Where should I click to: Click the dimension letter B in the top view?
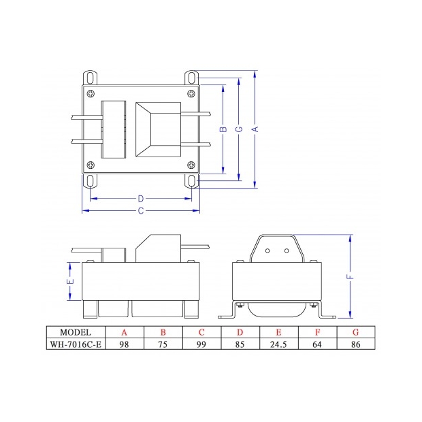223,128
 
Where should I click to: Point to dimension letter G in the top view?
238,128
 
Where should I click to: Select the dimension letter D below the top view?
140,199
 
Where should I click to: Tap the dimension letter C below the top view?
140,211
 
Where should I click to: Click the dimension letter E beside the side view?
70,280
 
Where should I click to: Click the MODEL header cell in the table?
76,332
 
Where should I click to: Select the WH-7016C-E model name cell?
76,344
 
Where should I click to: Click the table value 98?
125,344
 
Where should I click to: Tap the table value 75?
163,344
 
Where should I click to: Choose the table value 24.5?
280,344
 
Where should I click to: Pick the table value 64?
319,344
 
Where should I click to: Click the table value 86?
357,344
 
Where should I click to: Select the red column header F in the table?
319,332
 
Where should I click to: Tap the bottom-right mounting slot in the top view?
193,181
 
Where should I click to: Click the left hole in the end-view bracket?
267,250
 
